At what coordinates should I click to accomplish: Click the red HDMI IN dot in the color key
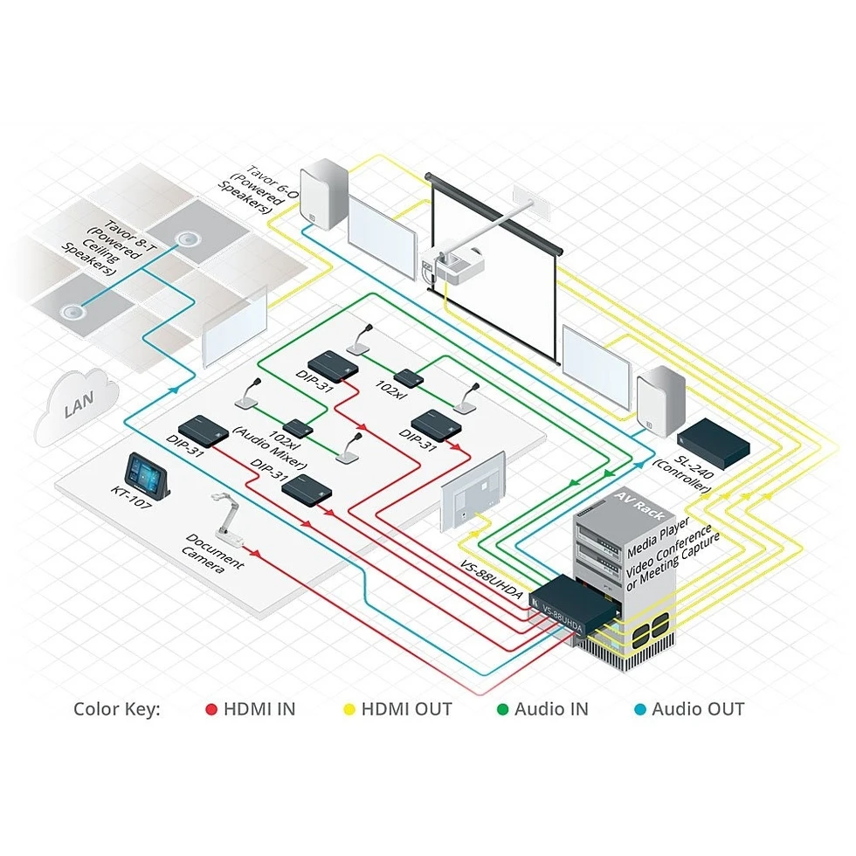(x=211, y=709)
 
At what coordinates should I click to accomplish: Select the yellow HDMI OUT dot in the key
(x=349, y=709)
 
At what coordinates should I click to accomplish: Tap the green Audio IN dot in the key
(x=502, y=709)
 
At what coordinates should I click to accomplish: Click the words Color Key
(x=117, y=709)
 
